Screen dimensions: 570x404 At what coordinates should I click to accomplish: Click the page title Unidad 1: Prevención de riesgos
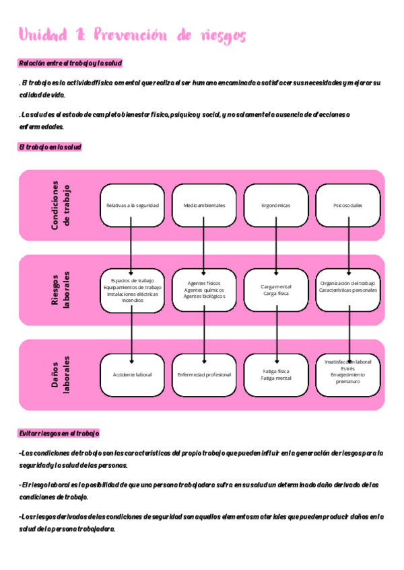tap(132, 34)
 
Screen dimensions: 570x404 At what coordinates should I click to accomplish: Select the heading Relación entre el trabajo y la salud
tap(70, 63)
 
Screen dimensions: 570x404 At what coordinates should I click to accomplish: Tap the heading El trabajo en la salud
tap(50, 147)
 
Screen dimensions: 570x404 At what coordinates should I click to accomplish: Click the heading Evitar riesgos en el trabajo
tap(59, 434)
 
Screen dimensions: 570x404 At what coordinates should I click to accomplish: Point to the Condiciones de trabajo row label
tap(60, 205)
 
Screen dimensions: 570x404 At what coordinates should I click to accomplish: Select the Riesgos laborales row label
tap(60, 290)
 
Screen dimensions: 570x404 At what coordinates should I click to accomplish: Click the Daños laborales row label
tap(60, 374)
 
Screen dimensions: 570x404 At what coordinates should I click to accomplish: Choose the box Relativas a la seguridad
tap(132, 205)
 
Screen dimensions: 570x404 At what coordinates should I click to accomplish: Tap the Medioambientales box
tap(204, 205)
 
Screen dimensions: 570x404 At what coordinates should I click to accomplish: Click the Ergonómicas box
tap(276, 205)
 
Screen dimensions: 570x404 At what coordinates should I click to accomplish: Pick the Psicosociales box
tap(347, 205)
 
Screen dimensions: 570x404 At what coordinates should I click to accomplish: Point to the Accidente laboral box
tap(132, 374)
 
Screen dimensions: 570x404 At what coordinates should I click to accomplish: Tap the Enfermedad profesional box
tap(204, 374)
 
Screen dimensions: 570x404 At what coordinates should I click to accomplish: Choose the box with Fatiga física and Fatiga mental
tap(276, 374)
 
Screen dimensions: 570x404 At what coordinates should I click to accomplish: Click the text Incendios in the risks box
tap(132, 300)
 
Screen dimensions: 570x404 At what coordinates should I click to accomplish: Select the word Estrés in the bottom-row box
tap(347, 368)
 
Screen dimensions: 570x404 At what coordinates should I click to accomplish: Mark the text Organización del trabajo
tap(347, 284)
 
